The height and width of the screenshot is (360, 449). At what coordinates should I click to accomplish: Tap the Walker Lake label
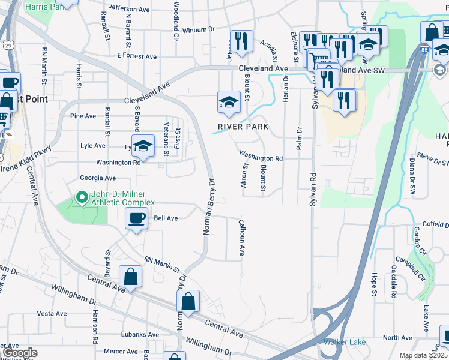(341, 342)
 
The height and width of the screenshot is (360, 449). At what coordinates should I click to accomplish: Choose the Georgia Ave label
(98, 178)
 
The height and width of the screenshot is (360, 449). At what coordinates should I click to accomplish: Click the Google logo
(20, 353)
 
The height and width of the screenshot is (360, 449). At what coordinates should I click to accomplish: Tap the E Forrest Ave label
(137, 56)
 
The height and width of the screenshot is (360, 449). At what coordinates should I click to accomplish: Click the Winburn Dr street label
(198, 29)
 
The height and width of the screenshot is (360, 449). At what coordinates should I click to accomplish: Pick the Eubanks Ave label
(140, 335)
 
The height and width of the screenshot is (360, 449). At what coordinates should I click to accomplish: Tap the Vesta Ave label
(52, 314)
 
